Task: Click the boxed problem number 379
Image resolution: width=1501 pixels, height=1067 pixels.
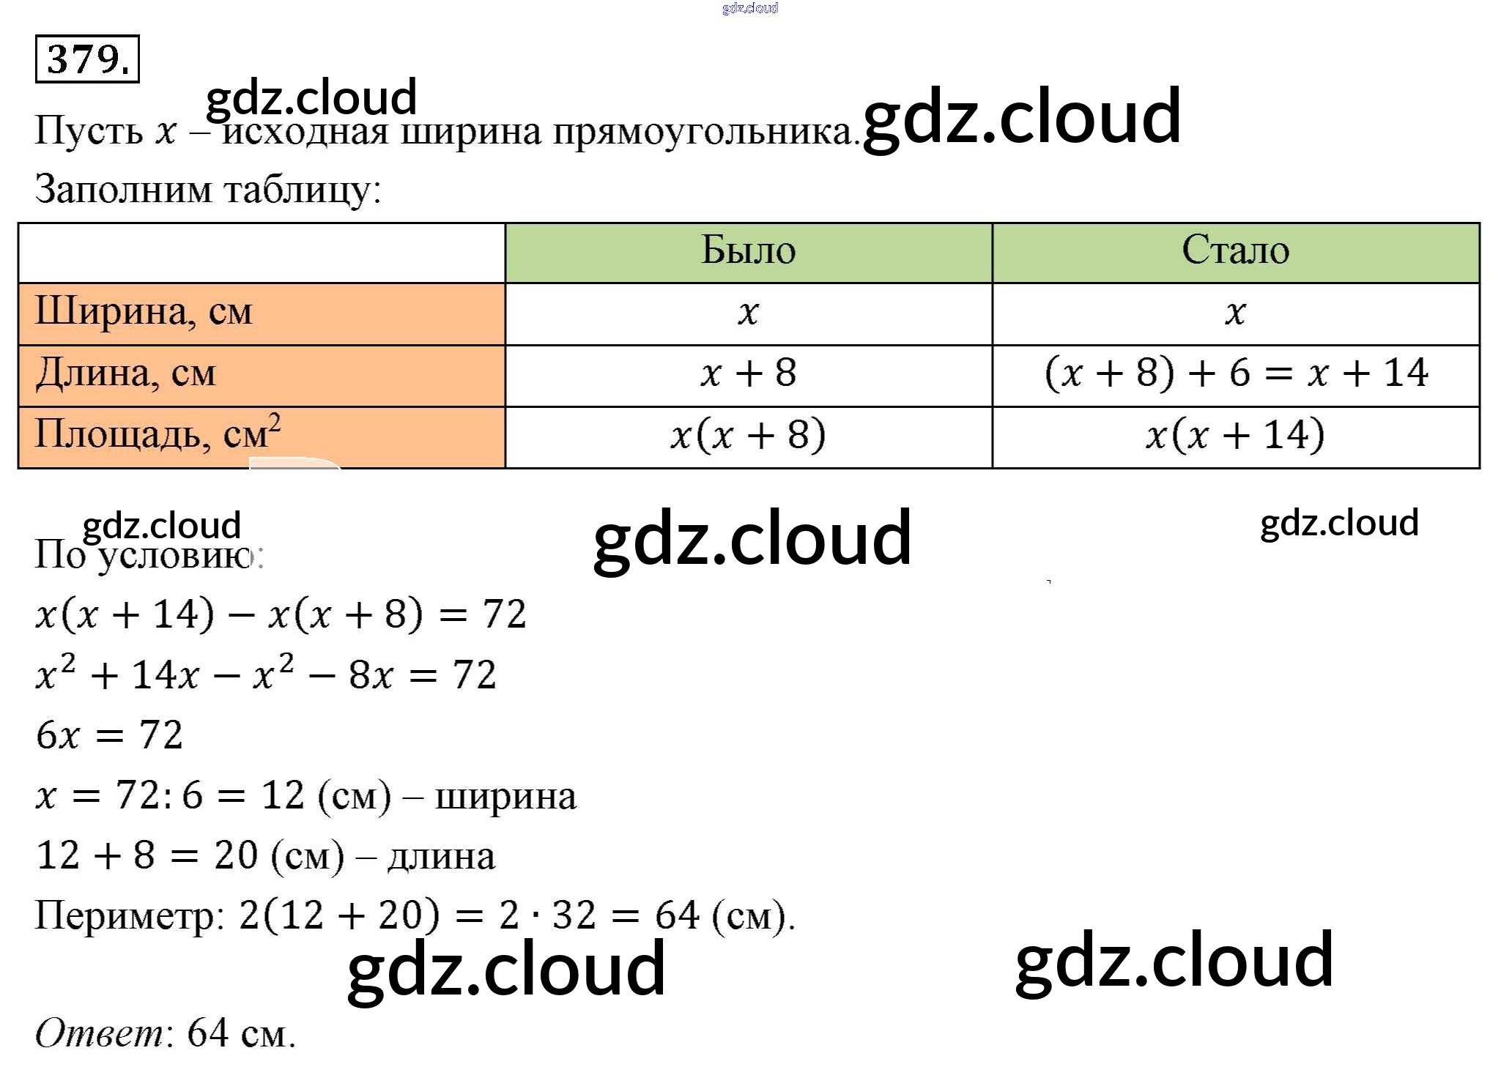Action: point(87,59)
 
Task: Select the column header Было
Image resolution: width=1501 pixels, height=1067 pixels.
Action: point(748,250)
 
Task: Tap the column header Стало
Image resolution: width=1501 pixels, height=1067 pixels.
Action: point(1235,250)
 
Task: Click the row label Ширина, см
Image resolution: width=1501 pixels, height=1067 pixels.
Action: point(144,312)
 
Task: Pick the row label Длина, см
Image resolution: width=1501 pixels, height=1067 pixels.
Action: point(125,373)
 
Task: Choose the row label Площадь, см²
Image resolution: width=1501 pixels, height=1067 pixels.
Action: point(157,434)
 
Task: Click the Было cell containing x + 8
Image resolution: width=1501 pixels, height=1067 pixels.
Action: point(748,373)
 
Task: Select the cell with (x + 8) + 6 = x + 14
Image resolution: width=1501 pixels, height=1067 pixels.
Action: point(1236,373)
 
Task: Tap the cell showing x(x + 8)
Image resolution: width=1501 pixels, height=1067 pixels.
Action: point(748,435)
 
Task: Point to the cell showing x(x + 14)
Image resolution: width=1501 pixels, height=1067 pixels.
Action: point(1235,435)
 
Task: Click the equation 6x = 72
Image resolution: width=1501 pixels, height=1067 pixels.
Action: point(109,735)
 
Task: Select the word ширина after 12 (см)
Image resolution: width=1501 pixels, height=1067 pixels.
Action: point(505,797)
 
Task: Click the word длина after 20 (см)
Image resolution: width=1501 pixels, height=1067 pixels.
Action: point(441,857)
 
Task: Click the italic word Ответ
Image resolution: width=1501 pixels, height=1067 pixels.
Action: point(100,1033)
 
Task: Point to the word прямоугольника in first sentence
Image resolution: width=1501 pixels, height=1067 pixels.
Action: point(703,133)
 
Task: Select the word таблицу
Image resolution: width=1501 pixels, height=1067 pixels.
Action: point(300,190)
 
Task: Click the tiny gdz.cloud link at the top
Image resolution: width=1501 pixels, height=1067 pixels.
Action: point(750,8)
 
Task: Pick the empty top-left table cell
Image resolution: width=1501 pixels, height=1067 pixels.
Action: point(262,253)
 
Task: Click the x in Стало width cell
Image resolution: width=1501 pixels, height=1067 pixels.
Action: point(1235,313)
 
